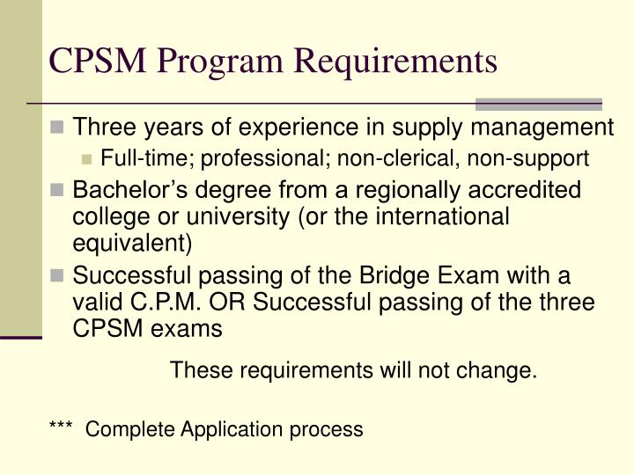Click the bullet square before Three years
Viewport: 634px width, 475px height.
pos(59,128)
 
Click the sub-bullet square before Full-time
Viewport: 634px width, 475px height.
pos(87,159)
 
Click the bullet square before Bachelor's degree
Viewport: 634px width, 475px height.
pos(59,191)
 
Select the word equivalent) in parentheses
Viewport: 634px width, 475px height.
pos(132,241)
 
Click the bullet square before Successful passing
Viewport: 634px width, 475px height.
pos(59,276)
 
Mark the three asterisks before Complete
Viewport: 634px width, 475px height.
pos(63,428)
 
